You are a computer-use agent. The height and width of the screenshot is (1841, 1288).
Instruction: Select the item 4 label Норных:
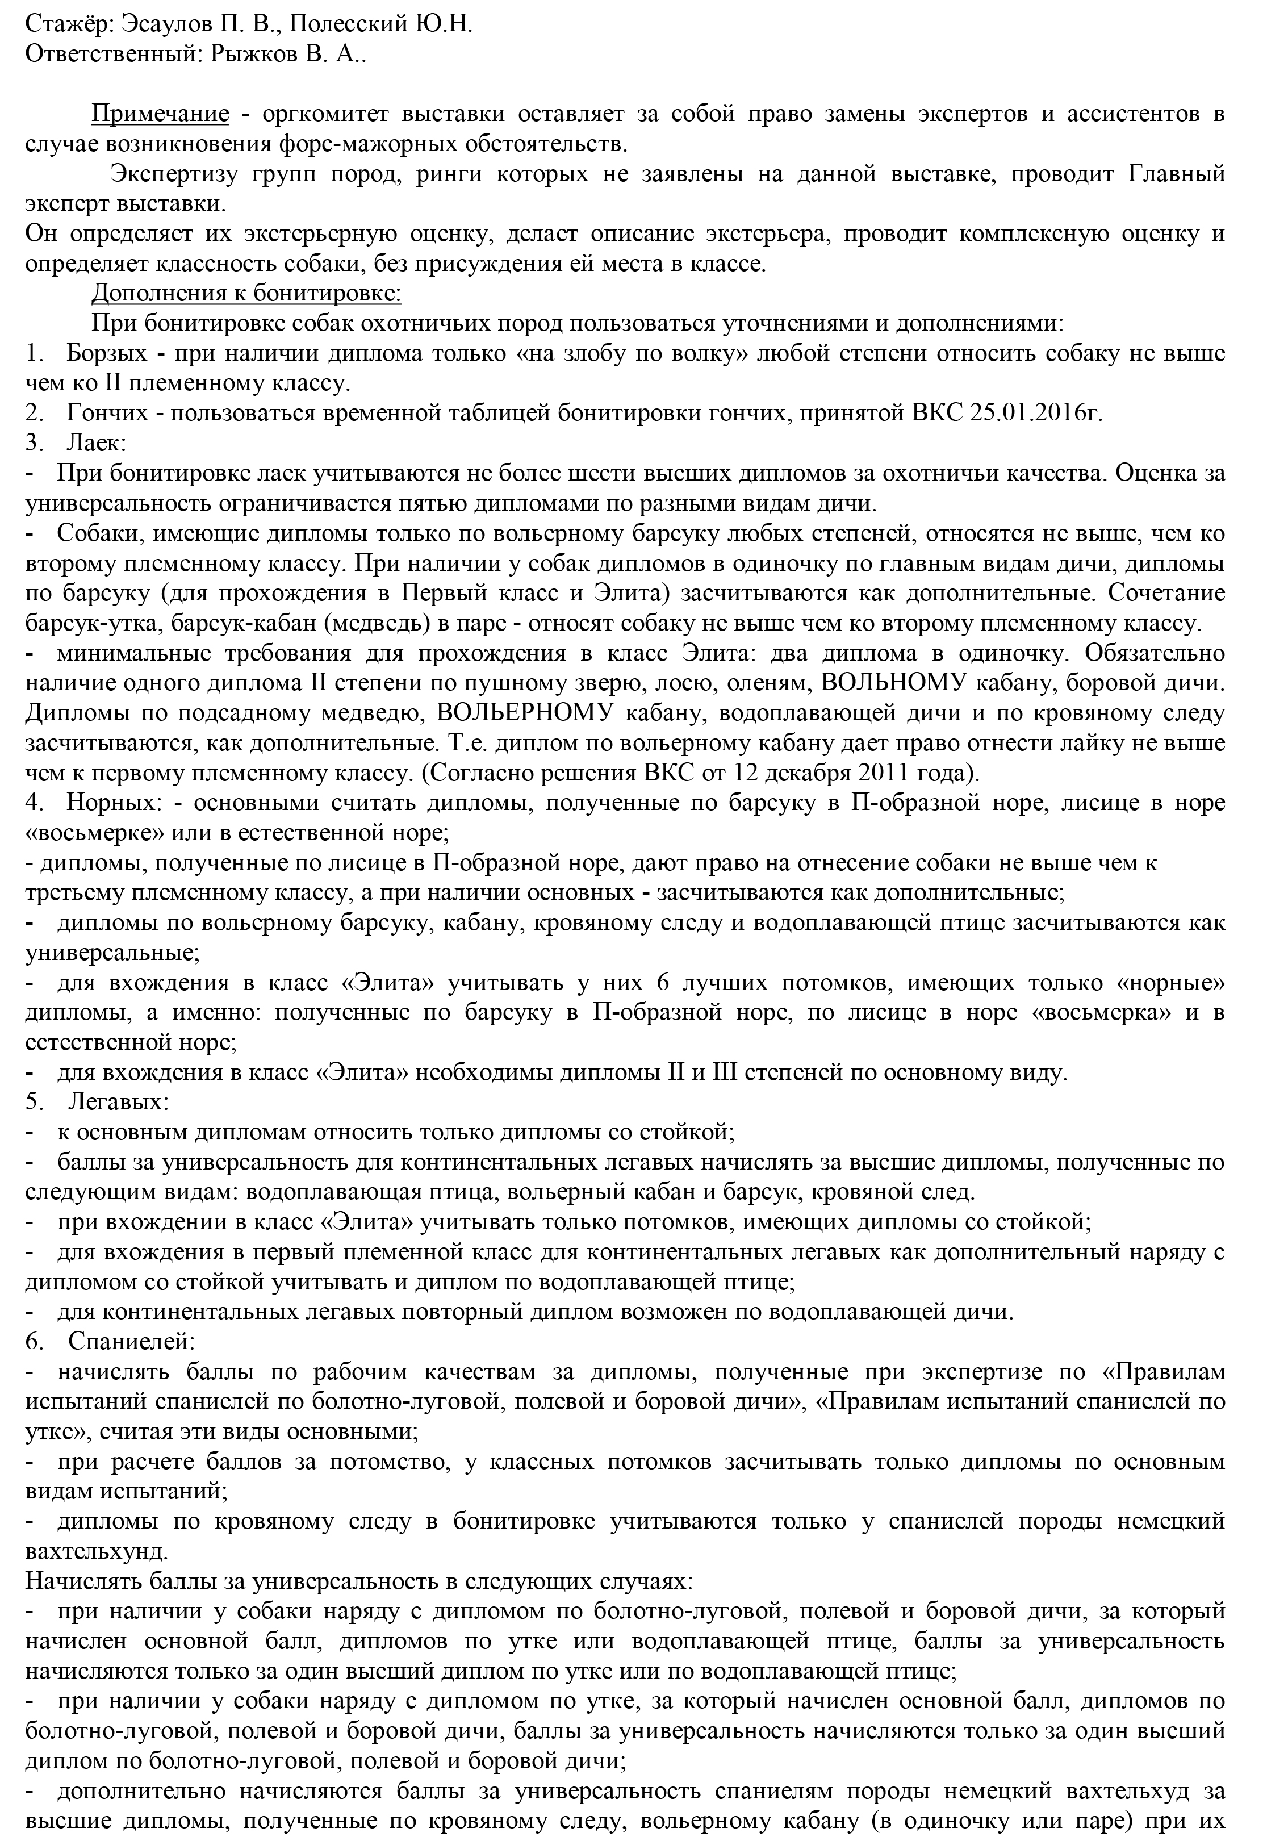coord(111,803)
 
